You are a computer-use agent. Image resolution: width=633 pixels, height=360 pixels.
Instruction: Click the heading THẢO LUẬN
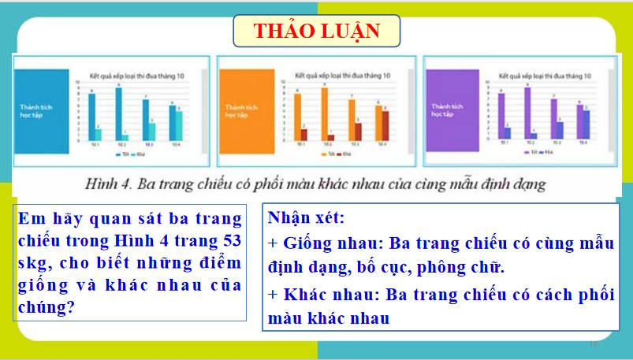click(317, 32)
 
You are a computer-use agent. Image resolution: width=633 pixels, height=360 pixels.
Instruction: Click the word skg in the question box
click(32, 262)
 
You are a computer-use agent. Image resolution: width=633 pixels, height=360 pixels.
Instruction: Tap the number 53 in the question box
click(229, 239)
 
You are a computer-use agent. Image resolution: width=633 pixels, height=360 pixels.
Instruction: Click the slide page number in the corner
click(594, 344)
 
